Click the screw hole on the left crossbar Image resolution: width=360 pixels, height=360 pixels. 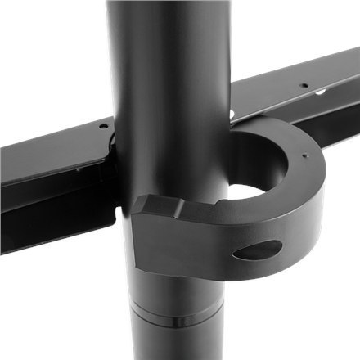102,127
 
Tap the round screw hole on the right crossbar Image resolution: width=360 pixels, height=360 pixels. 304,85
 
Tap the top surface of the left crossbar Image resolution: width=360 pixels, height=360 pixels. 57,147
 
